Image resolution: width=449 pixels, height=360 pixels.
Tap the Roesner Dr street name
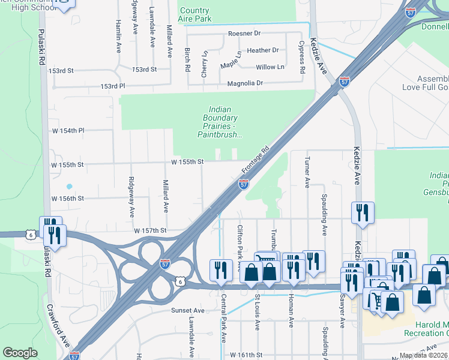pos(244,34)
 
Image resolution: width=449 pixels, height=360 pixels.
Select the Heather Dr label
pos(263,50)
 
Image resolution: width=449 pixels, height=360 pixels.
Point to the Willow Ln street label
pos(270,67)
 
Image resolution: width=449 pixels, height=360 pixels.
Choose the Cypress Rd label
pos(302,58)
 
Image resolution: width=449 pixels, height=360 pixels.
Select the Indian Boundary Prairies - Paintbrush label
pos(220,122)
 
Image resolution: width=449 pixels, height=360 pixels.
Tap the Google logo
pos(20,353)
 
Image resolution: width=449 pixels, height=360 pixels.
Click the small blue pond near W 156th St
pos(69,186)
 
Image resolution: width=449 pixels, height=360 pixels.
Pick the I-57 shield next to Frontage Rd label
pos(244,185)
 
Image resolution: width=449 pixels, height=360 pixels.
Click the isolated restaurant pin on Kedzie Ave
pos(363,212)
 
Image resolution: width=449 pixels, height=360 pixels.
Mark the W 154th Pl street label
pos(68,130)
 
